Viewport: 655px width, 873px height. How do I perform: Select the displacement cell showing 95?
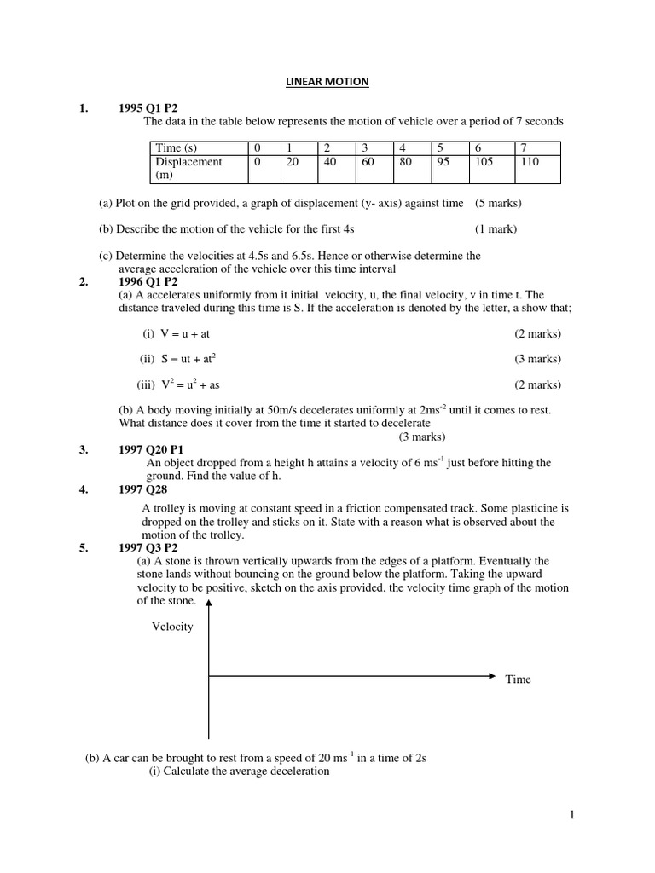pos(443,161)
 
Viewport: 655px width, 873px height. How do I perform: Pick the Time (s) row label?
pos(177,148)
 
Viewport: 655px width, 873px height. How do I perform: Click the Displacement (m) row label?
pos(188,167)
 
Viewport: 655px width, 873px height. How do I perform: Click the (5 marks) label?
pos(498,203)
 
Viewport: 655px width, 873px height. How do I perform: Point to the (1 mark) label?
pos(496,228)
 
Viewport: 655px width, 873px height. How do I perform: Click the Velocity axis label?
pos(172,627)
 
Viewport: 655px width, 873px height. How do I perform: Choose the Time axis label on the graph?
pos(518,679)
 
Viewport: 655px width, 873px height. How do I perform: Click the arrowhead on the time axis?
pos(490,676)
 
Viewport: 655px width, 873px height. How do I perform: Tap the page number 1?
pos(573,816)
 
